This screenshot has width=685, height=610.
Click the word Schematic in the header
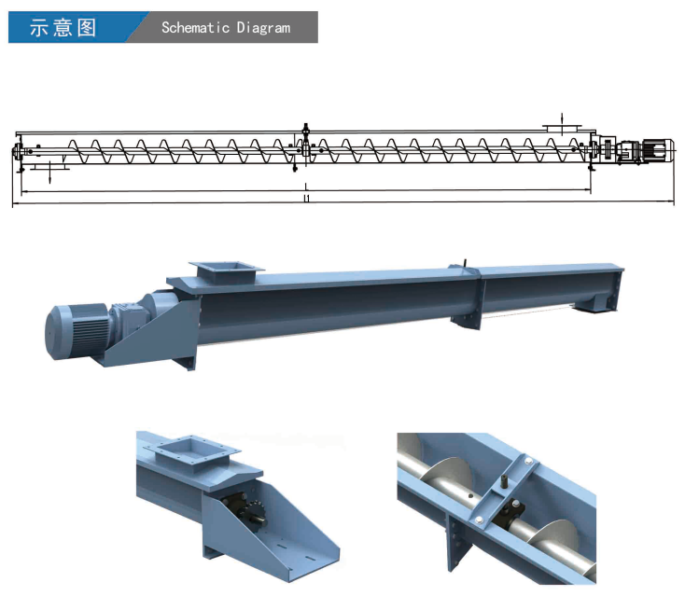click(x=195, y=27)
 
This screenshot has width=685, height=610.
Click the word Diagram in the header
click(x=263, y=28)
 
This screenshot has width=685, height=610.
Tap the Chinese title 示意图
click(x=63, y=27)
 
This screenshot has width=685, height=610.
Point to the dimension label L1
click(x=307, y=199)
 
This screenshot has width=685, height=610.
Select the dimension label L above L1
click(x=306, y=187)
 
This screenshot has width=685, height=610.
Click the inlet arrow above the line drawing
click(x=562, y=118)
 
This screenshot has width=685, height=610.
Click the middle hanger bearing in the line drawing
click(x=305, y=147)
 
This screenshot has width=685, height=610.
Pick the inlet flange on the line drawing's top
click(x=562, y=129)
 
